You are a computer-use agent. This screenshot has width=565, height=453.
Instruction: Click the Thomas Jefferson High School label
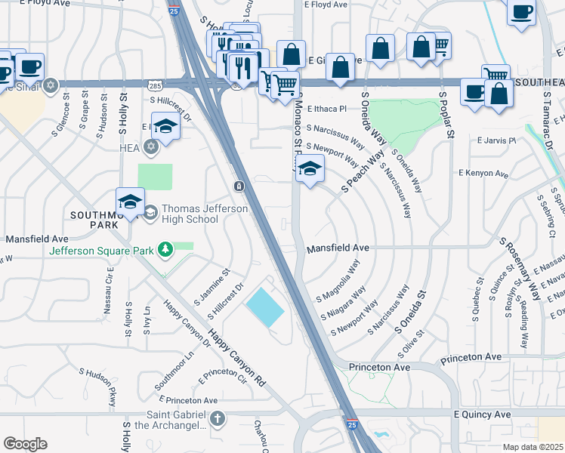pos(190,214)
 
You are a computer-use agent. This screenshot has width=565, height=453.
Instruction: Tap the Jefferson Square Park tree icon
pos(165,249)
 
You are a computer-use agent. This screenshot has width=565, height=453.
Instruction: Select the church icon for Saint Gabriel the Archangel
pos(218,418)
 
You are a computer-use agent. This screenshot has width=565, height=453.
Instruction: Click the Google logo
pos(25,444)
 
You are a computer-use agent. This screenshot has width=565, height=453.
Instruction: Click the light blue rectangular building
pos(264,308)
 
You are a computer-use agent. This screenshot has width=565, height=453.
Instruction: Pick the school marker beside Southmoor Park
pos(130,202)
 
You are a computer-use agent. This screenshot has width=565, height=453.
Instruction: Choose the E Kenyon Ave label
pos(483,173)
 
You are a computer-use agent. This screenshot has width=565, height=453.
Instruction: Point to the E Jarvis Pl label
pos(496,140)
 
